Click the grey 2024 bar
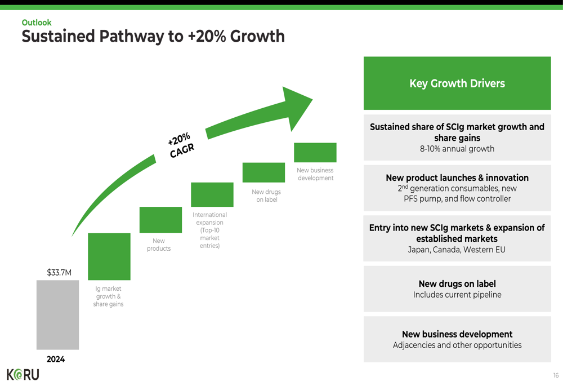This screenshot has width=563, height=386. (x=57, y=315)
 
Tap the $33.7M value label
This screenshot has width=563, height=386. (x=59, y=272)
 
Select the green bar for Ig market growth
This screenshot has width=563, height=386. (x=109, y=256)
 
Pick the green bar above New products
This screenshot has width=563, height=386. (x=160, y=220)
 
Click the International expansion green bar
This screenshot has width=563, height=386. (x=212, y=194)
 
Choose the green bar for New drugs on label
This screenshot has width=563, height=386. (x=263, y=172)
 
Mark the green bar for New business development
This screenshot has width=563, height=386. (x=315, y=152)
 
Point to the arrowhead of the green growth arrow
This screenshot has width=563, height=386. (x=297, y=108)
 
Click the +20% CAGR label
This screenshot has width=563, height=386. (x=181, y=145)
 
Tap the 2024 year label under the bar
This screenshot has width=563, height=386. (x=56, y=359)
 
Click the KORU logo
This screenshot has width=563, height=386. (x=23, y=375)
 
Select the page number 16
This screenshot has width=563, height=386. (x=556, y=375)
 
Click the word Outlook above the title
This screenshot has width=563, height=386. (x=37, y=23)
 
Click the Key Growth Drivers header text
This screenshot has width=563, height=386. (x=457, y=83)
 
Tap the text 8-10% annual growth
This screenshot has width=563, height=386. (x=457, y=149)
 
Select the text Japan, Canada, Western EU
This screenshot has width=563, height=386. (x=457, y=250)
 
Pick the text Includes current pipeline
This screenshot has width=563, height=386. (x=457, y=295)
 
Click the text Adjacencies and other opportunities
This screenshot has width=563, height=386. (x=457, y=345)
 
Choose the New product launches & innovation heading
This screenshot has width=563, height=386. (x=457, y=178)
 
